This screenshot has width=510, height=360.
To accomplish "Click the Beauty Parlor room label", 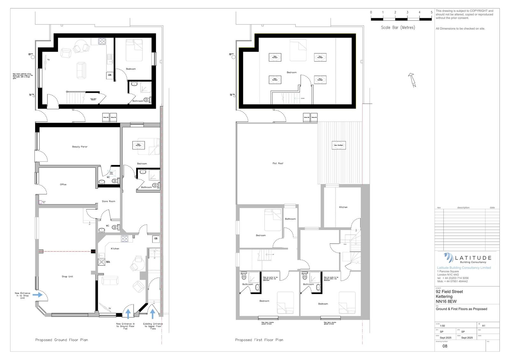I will tap(80, 147).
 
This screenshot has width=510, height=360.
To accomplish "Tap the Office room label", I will tap(63, 184).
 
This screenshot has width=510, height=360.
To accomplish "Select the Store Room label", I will tap(108, 201).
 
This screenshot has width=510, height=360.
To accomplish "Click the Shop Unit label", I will tap(67, 277).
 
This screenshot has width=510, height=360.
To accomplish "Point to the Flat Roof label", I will tap(278, 163).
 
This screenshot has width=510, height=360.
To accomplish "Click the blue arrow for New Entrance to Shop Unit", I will tap(37, 295).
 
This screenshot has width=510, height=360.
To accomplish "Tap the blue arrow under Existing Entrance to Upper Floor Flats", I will tap(152, 313).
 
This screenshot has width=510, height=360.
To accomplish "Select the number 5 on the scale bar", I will tap(432, 12).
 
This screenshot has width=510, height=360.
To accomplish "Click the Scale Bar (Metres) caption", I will tap(398, 27).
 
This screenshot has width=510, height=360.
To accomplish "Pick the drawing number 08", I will tap(445, 346).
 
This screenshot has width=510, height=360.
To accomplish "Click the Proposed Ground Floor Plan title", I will tap(62, 340).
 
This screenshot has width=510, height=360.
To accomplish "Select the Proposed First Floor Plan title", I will tap(259, 340).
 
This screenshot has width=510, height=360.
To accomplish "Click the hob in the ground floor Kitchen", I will tap(124, 239).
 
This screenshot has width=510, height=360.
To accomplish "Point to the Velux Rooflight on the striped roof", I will tap(338, 145).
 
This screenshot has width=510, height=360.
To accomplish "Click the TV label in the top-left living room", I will tap(48, 60).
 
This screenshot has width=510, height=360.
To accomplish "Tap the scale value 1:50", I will tap(442, 326).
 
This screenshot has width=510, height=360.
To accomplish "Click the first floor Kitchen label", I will tap(343, 207).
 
